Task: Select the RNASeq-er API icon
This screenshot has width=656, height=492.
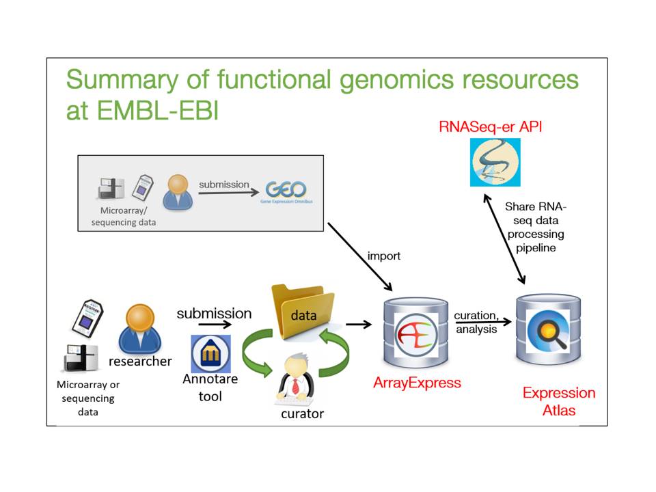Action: point(495,163)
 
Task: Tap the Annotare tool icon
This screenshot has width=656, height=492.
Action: point(210,354)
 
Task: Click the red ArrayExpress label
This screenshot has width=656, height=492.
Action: point(417,383)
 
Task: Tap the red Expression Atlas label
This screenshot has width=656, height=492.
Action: point(558,401)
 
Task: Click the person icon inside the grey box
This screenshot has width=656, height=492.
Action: point(178,191)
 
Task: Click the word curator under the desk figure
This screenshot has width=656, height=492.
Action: point(302,414)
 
